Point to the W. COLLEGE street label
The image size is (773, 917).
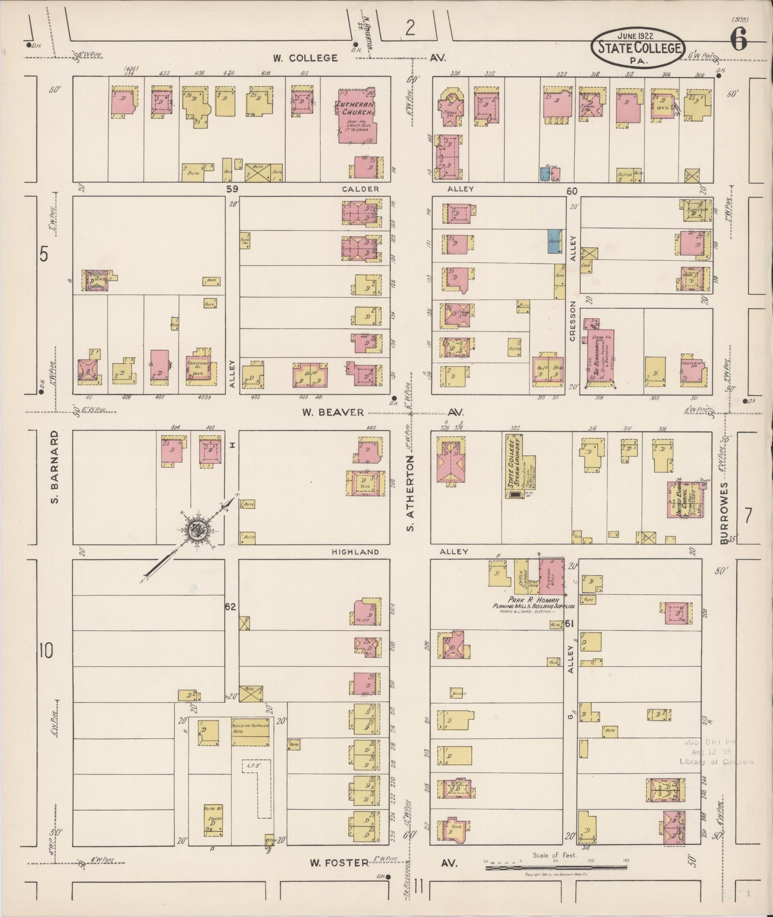(305, 58)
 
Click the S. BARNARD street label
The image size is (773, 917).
(55, 467)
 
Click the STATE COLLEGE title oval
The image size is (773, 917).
(637, 48)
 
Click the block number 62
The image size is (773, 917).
(231, 607)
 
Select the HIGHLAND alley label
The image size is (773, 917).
(355, 552)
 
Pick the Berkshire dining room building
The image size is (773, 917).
(601, 355)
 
